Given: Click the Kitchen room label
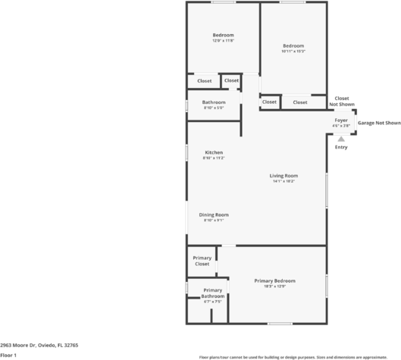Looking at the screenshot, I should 214,152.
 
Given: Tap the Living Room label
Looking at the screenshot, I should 284,176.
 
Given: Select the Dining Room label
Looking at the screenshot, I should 214,214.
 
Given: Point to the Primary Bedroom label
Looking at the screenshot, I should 274,280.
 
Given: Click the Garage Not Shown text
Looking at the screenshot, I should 379,122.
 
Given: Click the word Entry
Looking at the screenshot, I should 341,147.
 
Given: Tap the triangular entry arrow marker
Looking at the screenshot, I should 341,139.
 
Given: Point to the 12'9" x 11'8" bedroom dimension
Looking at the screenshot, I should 223,41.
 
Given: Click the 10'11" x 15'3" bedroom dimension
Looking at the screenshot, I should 293,51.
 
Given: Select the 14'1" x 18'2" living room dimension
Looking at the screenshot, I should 284,182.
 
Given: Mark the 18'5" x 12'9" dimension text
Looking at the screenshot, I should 274,286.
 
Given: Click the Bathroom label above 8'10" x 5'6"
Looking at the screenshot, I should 214,102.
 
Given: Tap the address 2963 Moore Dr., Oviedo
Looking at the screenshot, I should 39,344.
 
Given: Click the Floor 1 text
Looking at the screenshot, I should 9,354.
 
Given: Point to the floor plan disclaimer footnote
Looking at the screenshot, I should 299,356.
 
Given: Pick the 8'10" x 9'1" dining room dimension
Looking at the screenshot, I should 214,221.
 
